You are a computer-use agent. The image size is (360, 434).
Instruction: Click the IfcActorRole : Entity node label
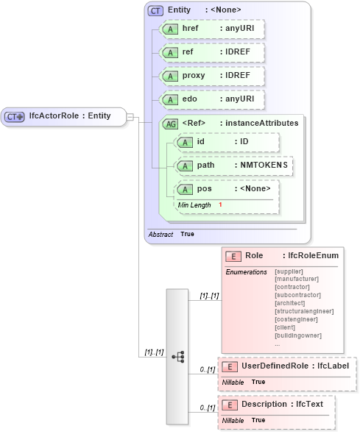(70, 116)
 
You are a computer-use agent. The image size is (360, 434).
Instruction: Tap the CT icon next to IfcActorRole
(15, 116)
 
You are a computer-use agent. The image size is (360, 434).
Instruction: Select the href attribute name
(191, 29)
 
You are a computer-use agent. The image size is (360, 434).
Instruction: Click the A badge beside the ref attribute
(170, 53)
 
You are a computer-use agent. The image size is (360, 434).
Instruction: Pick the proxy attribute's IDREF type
(239, 76)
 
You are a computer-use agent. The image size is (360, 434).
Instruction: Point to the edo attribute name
(190, 99)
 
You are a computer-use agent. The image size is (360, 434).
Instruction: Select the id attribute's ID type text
(244, 142)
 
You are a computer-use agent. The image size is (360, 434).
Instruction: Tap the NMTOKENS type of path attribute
(261, 166)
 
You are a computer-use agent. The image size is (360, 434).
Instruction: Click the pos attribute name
(204, 189)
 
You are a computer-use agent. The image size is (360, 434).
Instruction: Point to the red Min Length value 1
(219, 204)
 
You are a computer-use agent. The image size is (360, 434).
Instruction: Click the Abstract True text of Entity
(171, 234)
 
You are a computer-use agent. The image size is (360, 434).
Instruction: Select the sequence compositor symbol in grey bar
(177, 356)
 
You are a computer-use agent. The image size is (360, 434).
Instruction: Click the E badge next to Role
(233, 256)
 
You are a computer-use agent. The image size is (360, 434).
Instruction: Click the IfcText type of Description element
(310, 404)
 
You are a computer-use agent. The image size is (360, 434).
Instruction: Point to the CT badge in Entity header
(155, 10)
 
